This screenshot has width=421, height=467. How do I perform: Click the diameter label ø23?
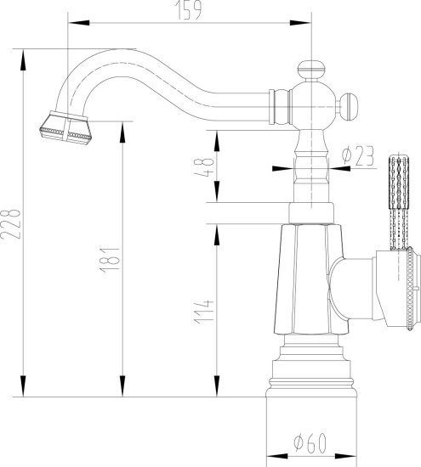358,155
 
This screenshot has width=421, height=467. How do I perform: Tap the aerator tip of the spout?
65,128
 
